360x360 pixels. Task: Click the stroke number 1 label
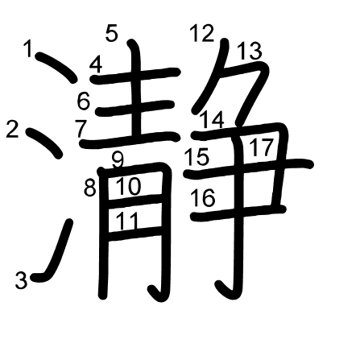click(x=28, y=48)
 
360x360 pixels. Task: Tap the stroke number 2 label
click(x=12, y=129)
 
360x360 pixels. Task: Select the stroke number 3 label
click(x=21, y=280)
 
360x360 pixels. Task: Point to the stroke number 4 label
click(x=96, y=65)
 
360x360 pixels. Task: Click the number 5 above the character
click(x=112, y=33)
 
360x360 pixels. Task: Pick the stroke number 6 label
click(x=84, y=101)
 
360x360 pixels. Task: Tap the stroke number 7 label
click(x=81, y=129)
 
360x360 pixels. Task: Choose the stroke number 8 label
click(x=90, y=188)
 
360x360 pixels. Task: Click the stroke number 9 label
click(x=118, y=160)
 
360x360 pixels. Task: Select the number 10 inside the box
click(x=128, y=186)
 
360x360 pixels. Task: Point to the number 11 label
click(x=127, y=221)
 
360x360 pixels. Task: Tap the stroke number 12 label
click(x=202, y=33)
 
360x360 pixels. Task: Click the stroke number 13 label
click(x=250, y=51)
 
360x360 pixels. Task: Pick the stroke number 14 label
click(x=212, y=120)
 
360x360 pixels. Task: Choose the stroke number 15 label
click(x=197, y=156)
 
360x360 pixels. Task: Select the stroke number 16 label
click(x=203, y=197)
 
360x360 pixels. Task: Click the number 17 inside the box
click(x=262, y=147)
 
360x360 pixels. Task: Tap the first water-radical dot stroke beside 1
click(x=56, y=67)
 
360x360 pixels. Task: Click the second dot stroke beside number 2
click(x=44, y=143)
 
